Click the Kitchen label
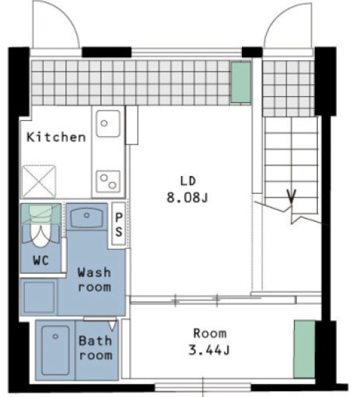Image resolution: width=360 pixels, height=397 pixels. (x=56, y=138)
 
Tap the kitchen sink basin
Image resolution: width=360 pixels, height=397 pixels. (x=107, y=123)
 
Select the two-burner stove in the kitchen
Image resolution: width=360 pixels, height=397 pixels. (x=107, y=181)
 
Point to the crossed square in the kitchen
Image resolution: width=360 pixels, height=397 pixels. (x=38, y=181)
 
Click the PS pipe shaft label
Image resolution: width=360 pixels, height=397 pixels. (x=119, y=224)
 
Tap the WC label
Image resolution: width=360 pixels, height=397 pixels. (x=41, y=260)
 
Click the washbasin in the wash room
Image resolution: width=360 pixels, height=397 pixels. (x=86, y=217)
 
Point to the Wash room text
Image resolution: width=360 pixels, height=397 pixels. (x=94, y=280)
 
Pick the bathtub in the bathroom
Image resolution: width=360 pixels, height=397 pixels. (x=56, y=350)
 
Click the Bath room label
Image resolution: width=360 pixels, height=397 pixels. (x=95, y=348)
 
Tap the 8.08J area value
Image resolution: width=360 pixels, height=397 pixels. (x=187, y=198)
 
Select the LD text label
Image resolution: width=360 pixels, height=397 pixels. (x=188, y=180)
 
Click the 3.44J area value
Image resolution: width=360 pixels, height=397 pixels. (x=209, y=350)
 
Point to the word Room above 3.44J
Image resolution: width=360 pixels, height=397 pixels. (x=210, y=333)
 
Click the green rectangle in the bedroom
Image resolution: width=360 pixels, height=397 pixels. (x=304, y=349)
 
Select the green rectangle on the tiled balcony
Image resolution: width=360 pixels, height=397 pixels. (x=241, y=82)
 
